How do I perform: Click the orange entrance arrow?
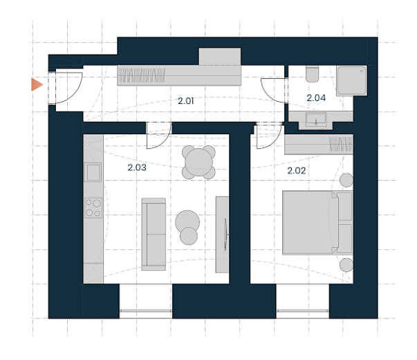click(x=37, y=84)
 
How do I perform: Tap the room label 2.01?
click(x=185, y=101)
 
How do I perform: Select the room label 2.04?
click(x=316, y=98)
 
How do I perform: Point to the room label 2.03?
click(x=137, y=168)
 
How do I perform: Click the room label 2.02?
click(x=296, y=171)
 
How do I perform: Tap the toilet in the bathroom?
click(x=312, y=74)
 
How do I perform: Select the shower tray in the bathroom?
click(x=351, y=81)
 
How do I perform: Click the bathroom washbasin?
click(x=316, y=119)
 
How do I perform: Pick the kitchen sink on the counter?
click(x=93, y=172)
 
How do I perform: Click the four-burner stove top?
click(x=93, y=208)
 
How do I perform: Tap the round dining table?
click(x=198, y=162)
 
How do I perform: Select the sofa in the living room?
click(x=154, y=234)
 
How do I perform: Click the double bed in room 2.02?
click(x=317, y=223)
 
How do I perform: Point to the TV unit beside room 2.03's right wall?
click(x=222, y=234)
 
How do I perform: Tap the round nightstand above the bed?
click(x=346, y=180)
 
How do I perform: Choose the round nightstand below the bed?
click(x=346, y=265)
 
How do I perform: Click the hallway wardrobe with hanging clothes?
click(x=179, y=75)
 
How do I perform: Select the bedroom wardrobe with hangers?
click(x=319, y=145)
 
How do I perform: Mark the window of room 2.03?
click(x=146, y=311)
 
